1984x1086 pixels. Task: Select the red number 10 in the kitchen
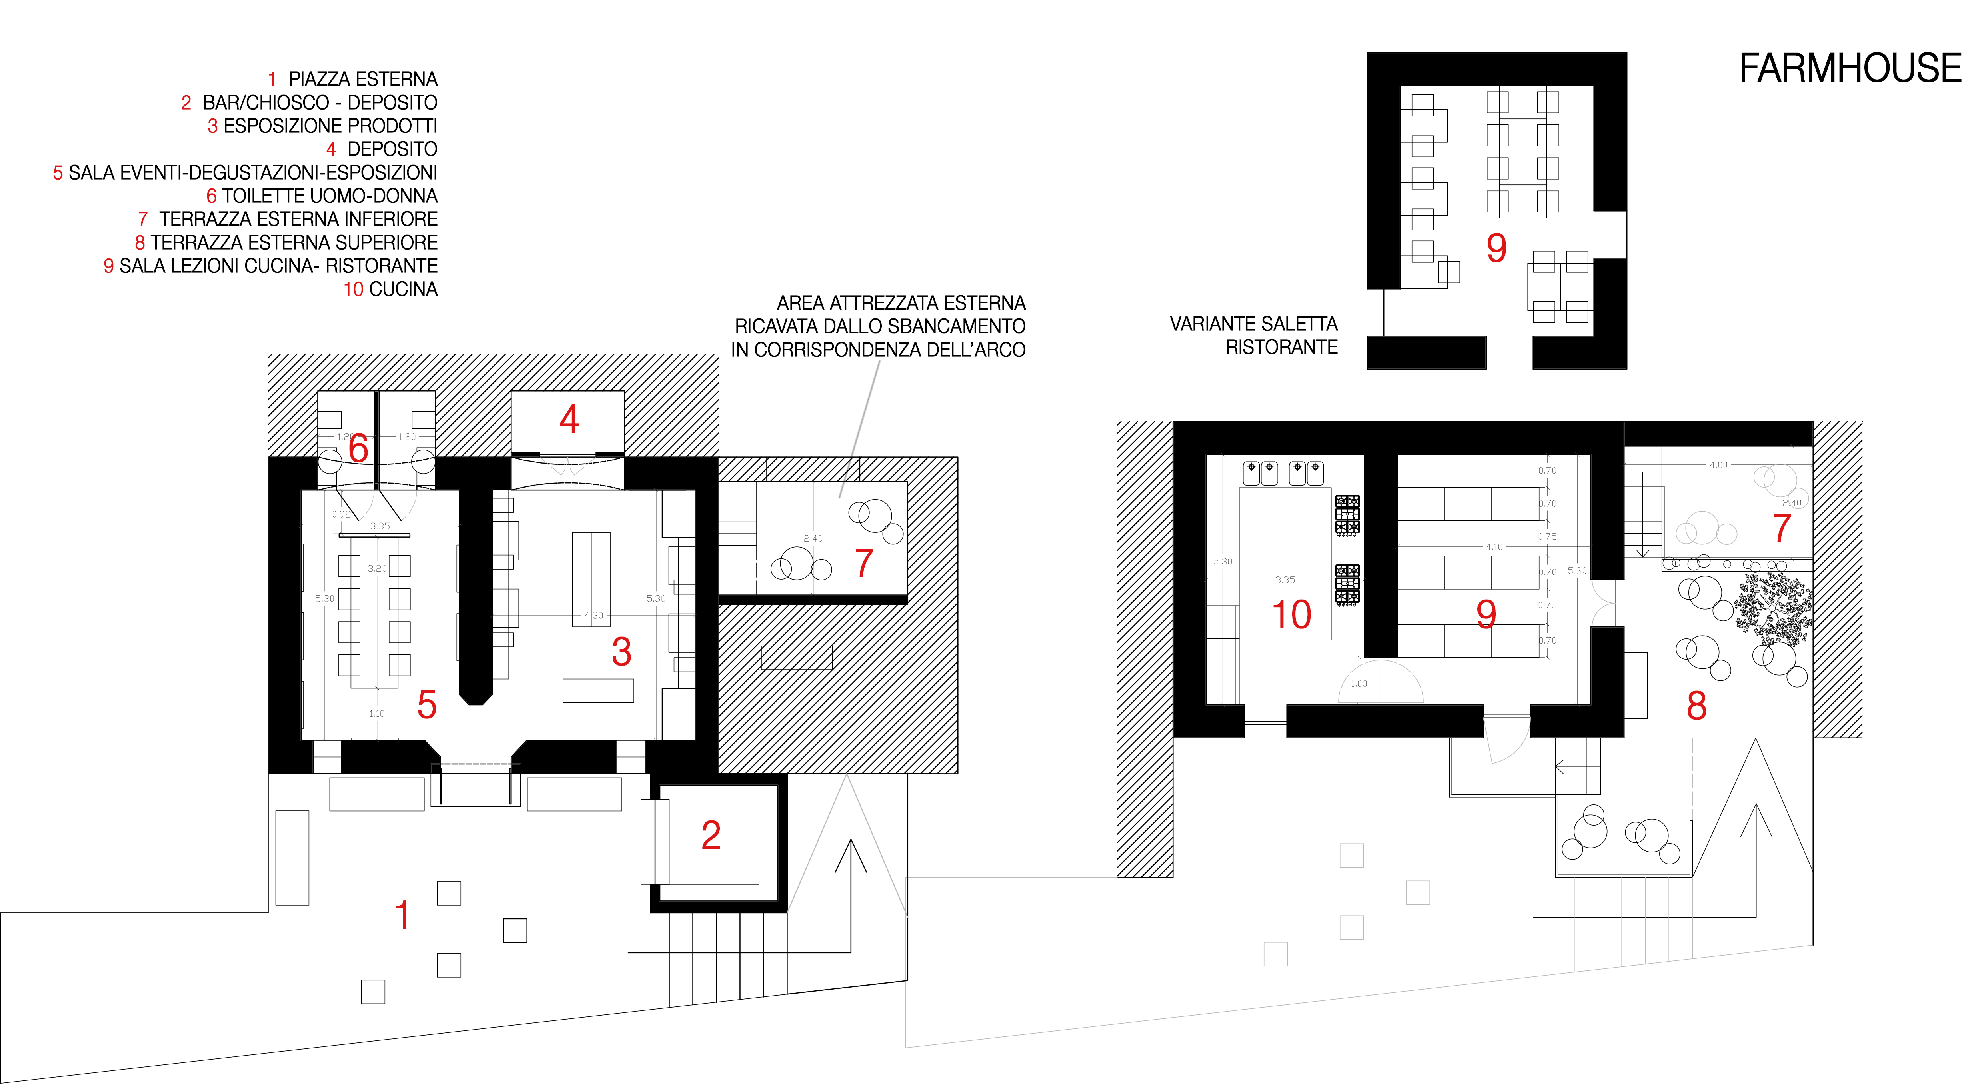click(x=1291, y=615)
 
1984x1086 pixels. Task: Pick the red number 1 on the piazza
click(x=402, y=915)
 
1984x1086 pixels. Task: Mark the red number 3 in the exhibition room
click(x=621, y=652)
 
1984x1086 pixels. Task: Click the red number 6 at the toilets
click(x=358, y=448)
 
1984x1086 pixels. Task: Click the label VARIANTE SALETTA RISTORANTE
click(x=1254, y=335)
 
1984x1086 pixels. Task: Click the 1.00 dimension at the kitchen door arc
click(x=1359, y=683)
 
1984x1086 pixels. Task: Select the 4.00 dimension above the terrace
click(x=1718, y=464)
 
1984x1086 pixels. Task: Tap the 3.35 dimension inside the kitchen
click(x=1285, y=580)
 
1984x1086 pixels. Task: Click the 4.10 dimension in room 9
click(x=1494, y=547)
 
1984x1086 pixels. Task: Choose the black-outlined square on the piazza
click(x=515, y=930)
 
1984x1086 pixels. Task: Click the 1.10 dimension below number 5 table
click(x=377, y=714)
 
